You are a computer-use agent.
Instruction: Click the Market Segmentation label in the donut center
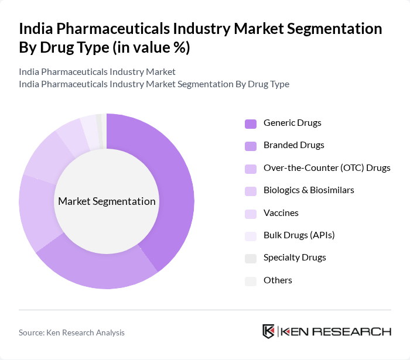107,201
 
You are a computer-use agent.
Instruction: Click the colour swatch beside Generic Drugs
250,124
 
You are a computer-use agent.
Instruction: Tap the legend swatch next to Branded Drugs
250,146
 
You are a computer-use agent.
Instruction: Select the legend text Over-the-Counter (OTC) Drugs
327,168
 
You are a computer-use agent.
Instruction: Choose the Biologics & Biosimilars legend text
309,190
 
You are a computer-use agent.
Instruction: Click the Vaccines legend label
281,213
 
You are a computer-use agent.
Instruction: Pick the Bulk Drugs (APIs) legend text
299,235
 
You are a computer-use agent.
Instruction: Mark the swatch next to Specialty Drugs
250,258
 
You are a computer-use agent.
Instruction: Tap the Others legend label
278,280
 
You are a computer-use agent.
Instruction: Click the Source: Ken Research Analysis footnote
71,332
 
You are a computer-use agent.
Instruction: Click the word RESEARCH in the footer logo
358,331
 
